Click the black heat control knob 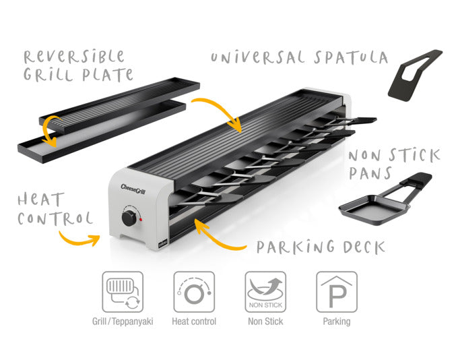[x=129, y=218]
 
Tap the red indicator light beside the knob [x=141, y=219]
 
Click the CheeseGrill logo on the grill [x=133, y=189]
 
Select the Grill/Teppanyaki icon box [x=123, y=292]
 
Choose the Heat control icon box [x=194, y=292]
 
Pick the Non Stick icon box [x=265, y=292]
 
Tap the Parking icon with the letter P [x=337, y=292]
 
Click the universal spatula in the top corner [x=415, y=76]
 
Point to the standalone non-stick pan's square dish [x=374, y=210]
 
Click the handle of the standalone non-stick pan [x=412, y=185]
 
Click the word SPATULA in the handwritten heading [x=351, y=57]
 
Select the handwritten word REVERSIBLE [x=74, y=57]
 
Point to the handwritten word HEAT [x=41, y=200]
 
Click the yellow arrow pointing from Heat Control [x=79, y=239]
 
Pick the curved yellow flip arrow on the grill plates [x=52, y=131]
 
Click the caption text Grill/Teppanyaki [x=123, y=322]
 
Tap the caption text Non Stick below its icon [x=265, y=322]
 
